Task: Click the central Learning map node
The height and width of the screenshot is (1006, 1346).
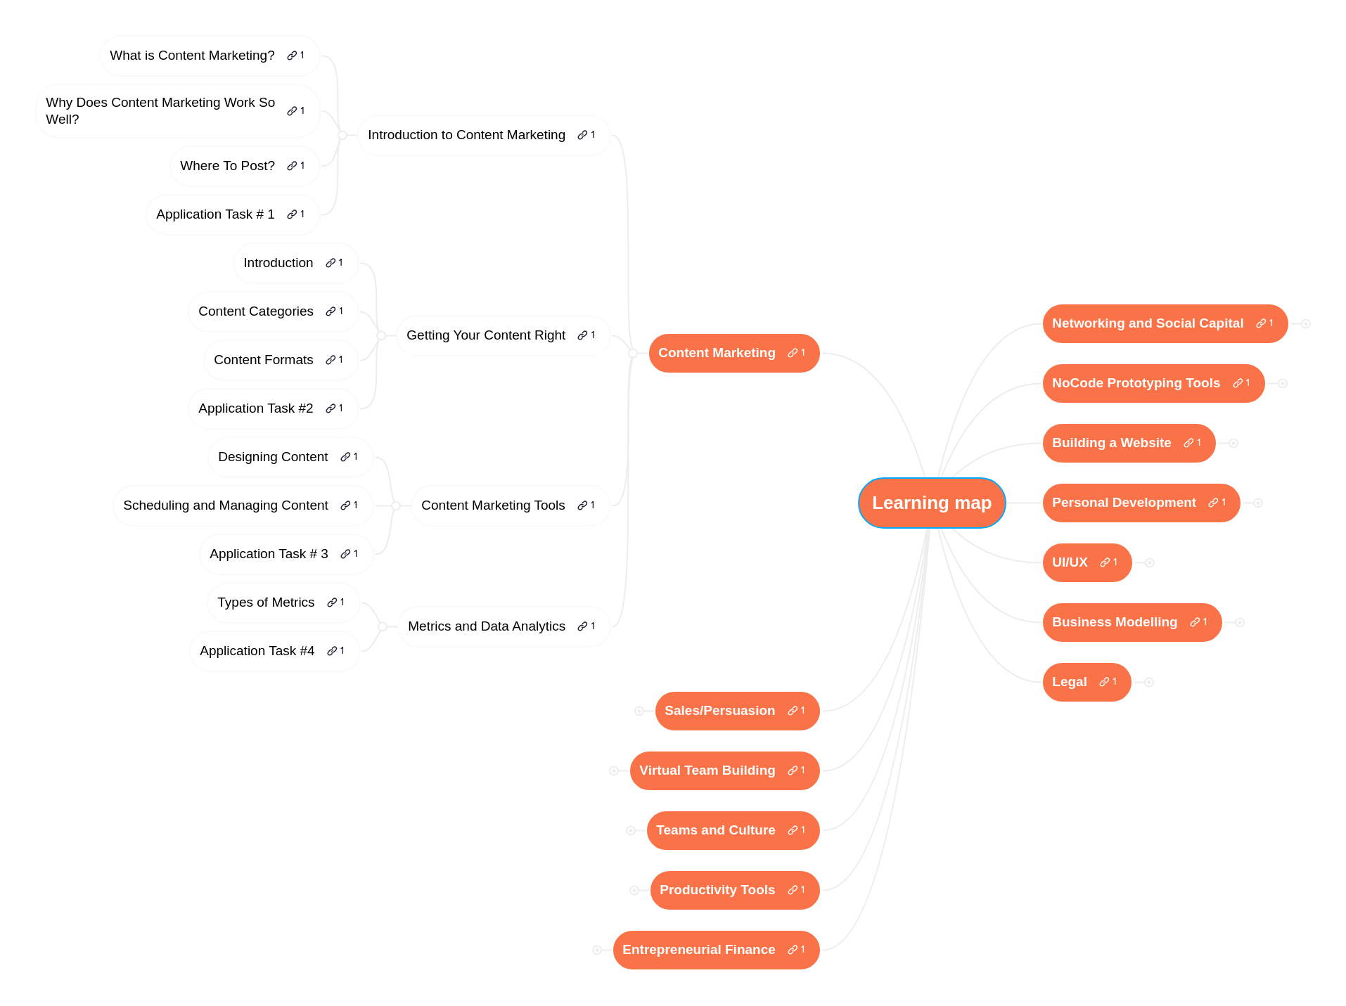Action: (x=931, y=503)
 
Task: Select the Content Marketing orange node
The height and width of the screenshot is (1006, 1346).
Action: (x=717, y=353)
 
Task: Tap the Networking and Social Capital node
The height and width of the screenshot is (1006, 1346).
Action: (x=1147, y=323)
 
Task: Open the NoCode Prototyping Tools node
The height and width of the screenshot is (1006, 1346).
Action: (x=1136, y=383)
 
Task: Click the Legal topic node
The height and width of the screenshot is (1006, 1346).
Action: (x=1069, y=682)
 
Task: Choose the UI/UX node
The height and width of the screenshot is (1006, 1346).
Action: (x=1070, y=562)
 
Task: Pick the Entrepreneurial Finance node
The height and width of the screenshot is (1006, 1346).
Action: (x=698, y=950)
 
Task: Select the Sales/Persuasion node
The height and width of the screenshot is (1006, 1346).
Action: (x=719, y=711)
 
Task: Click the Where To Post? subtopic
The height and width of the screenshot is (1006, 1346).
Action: (x=227, y=166)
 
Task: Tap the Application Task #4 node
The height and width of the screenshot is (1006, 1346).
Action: (x=257, y=651)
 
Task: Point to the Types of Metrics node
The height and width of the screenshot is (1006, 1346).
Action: (x=266, y=602)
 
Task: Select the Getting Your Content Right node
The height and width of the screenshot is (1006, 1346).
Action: (x=485, y=335)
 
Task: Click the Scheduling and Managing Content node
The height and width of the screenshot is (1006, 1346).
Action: (x=225, y=505)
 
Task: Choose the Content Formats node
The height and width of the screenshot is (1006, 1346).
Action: (x=263, y=360)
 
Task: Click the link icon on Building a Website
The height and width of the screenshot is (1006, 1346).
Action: (x=1188, y=443)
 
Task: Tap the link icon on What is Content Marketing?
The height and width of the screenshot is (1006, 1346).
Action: (x=292, y=56)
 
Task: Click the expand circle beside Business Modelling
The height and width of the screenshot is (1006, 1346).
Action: (x=1240, y=622)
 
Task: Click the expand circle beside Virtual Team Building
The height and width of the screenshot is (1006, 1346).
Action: (x=614, y=770)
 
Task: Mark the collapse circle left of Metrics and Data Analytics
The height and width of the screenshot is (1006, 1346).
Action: (x=383, y=626)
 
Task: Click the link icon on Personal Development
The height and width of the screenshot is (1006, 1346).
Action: (x=1213, y=503)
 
